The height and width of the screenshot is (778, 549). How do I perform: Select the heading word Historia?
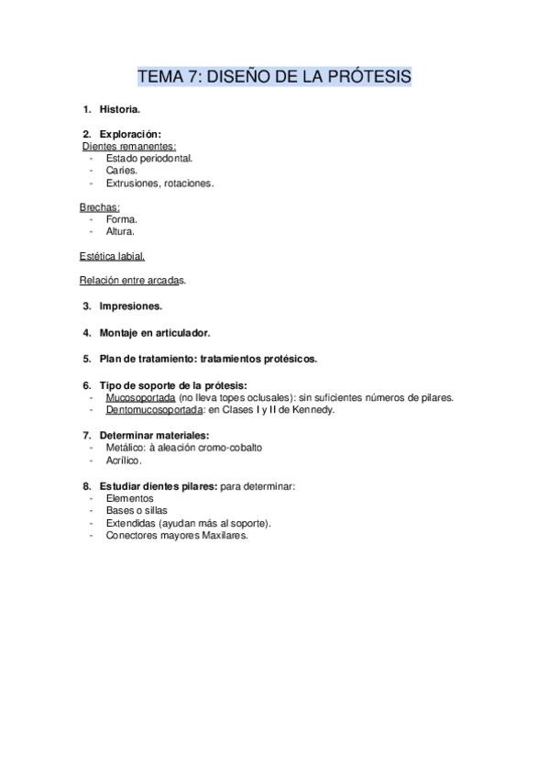coord(119,109)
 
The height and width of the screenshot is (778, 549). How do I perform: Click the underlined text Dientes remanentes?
coord(128,146)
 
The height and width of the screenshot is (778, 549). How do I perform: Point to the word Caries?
coord(122,171)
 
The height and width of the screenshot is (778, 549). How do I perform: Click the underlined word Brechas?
coord(99,207)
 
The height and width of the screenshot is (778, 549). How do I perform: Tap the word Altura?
coord(120,231)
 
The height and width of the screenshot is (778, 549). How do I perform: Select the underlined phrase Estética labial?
coord(112,256)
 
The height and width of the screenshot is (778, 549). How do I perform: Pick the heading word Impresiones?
coord(130,306)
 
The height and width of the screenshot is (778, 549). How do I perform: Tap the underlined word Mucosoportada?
coord(140,398)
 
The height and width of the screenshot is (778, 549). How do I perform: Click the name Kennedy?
coord(313,410)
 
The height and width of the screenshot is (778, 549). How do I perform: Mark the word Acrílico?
coord(124,461)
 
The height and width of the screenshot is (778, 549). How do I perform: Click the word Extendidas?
coord(131,523)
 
